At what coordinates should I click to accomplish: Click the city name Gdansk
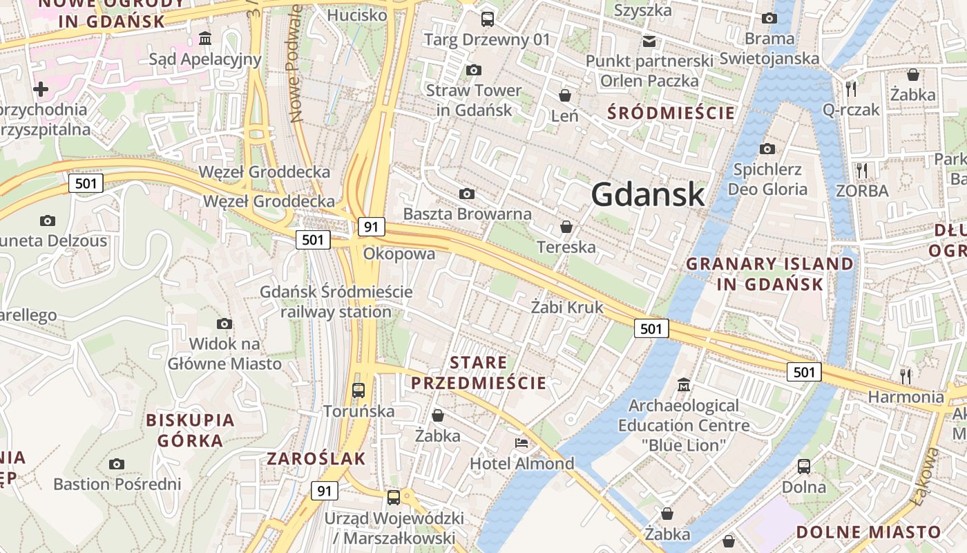[x=648, y=194]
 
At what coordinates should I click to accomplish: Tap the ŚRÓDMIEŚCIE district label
[x=671, y=113]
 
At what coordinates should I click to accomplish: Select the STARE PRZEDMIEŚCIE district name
[x=479, y=373]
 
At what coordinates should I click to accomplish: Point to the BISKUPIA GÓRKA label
[x=191, y=430]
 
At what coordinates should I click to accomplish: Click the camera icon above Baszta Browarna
[x=467, y=194]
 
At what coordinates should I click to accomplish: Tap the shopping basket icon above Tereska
[x=566, y=227]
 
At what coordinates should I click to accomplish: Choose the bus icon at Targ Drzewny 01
[x=488, y=19]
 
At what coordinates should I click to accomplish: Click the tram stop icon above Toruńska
[x=358, y=391]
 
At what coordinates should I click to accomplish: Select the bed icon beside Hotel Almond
[x=521, y=442]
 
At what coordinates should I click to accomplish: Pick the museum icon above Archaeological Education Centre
[x=684, y=384]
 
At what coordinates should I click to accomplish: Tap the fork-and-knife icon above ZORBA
[x=861, y=170]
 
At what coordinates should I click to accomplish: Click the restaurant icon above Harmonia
[x=906, y=376]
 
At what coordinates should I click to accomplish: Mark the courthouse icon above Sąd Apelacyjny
[x=204, y=38]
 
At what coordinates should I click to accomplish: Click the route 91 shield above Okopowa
[x=371, y=226]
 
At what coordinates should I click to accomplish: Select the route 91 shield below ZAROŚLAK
[x=324, y=491]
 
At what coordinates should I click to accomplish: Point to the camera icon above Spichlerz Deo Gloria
[x=767, y=149]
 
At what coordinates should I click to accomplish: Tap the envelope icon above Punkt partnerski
[x=649, y=41]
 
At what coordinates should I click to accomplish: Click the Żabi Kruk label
[x=567, y=307]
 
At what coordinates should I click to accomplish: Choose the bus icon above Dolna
[x=804, y=466]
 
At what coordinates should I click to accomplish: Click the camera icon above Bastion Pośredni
[x=117, y=463]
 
